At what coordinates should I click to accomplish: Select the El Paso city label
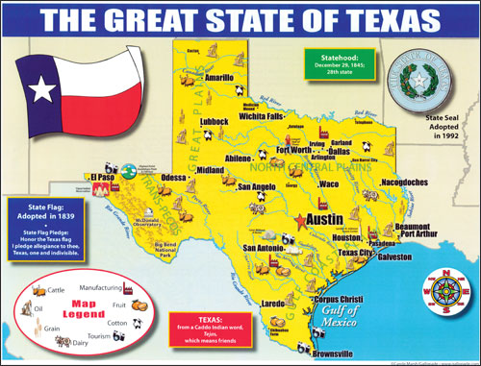[103, 179]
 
